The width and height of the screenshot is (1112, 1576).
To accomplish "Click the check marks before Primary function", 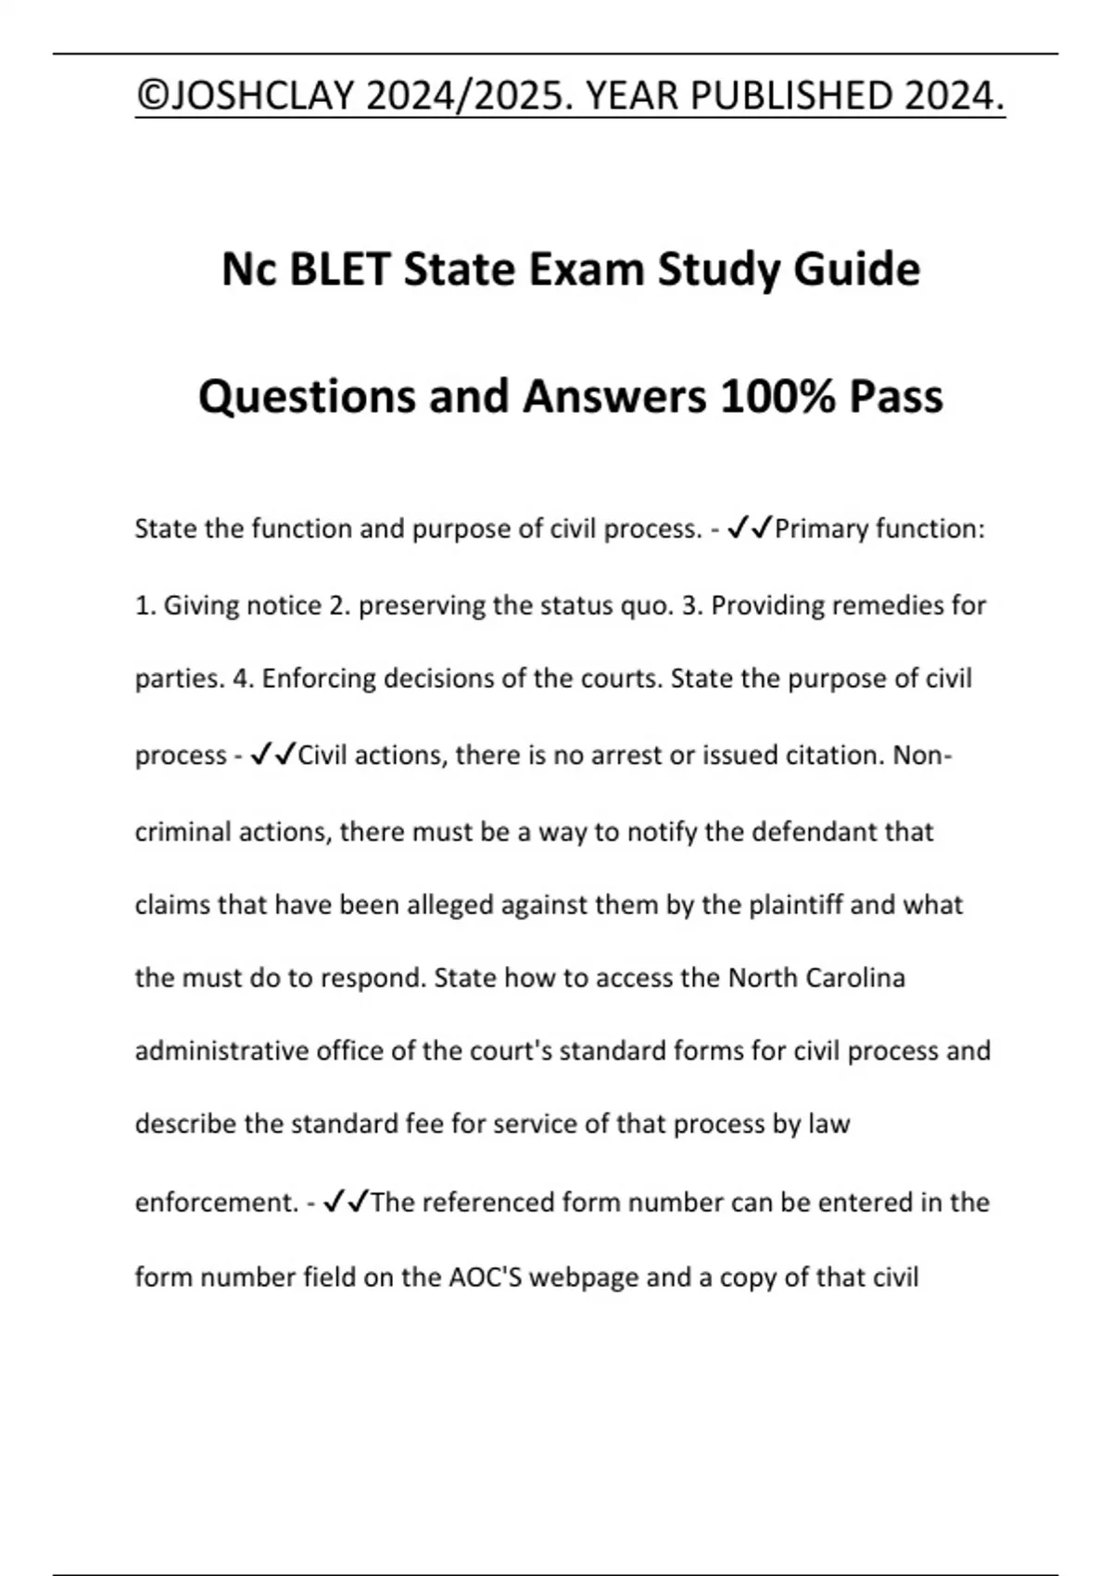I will point(751,528).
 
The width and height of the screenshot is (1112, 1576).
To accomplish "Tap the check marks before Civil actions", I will point(274,755).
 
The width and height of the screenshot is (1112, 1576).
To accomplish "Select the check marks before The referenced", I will point(346,1202).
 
